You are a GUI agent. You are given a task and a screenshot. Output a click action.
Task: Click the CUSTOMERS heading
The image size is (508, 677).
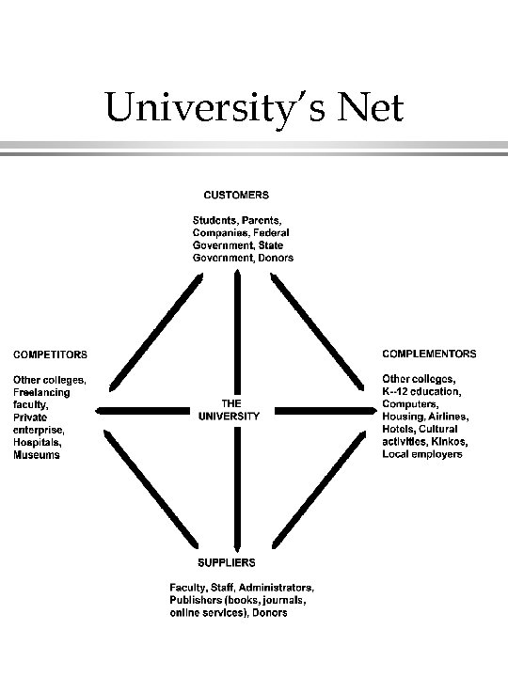(237, 196)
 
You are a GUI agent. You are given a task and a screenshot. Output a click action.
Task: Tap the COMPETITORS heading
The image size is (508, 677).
(49, 354)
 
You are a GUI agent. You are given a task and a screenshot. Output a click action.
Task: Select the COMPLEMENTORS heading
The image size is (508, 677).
(429, 354)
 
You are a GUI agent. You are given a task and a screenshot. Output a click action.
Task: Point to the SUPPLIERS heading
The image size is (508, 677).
(226, 563)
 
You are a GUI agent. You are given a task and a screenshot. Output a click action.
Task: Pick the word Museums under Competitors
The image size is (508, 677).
(37, 455)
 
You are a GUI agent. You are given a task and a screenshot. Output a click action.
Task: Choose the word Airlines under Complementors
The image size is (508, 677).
(449, 416)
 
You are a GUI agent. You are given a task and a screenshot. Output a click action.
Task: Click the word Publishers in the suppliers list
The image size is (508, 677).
(196, 599)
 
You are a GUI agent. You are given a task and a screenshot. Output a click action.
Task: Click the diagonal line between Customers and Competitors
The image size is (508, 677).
(155, 330)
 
